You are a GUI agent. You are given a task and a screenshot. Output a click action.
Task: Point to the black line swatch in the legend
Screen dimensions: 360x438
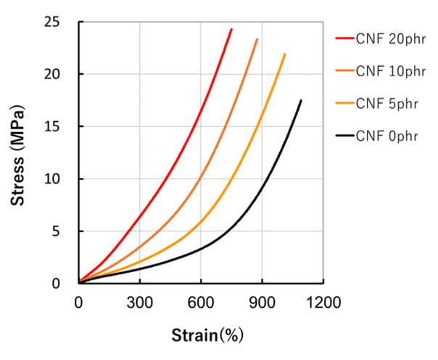[344, 135]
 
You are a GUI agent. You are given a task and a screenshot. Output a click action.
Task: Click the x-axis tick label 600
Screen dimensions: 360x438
[201, 301]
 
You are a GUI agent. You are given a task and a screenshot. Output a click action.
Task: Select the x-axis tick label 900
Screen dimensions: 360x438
[263, 301]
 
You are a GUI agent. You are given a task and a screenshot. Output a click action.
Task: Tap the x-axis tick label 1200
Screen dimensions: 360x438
[323, 301]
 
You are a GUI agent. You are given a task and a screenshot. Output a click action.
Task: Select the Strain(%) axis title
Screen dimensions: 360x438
[207, 335]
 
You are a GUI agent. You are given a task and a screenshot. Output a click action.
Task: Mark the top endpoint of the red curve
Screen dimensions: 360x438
[231, 29]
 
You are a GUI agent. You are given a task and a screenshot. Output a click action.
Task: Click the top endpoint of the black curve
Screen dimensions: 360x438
[301, 100]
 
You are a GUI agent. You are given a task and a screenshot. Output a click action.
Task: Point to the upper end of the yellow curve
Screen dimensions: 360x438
[285, 54]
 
